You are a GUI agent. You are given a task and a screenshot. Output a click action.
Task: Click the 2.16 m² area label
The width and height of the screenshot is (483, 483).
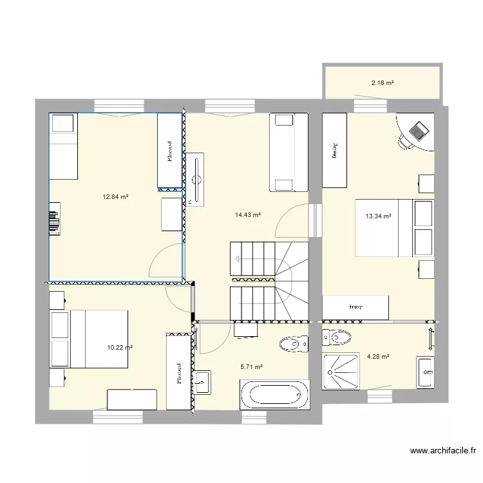point(382,83)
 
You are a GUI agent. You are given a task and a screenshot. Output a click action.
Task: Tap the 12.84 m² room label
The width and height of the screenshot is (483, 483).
point(116,197)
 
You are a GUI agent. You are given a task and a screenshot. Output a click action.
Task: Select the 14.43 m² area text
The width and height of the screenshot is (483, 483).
point(248,215)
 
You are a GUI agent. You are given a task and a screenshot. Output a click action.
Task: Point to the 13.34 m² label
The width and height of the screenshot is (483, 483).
point(379,217)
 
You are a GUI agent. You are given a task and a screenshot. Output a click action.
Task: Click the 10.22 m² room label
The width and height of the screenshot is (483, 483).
point(120,348)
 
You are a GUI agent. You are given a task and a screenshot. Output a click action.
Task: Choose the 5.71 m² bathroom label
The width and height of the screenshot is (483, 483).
point(251,367)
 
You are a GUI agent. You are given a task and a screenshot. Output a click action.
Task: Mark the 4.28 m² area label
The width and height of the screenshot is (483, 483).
point(378,355)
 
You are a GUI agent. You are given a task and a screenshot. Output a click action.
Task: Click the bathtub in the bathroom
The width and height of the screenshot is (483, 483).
point(274,393)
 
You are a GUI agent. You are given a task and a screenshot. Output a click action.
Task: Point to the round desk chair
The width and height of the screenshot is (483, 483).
point(406,140)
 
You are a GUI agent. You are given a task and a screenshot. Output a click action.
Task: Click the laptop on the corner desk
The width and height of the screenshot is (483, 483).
point(419,131)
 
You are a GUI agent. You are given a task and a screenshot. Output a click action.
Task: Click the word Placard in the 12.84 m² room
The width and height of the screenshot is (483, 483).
point(169,153)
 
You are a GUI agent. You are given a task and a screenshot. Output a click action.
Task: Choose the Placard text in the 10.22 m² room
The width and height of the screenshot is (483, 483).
point(178,374)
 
